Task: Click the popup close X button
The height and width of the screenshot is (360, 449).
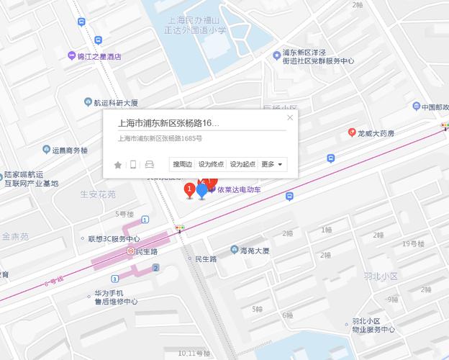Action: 290,117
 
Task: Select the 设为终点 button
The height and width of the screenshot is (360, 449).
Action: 212,164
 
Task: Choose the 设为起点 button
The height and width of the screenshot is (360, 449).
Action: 243,164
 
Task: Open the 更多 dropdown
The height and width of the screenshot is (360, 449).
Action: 272,164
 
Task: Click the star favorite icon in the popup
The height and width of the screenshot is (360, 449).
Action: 118,165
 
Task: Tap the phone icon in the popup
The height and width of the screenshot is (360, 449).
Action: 133,165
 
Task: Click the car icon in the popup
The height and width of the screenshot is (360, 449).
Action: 150,165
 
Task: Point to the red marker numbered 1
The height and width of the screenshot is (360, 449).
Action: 189,190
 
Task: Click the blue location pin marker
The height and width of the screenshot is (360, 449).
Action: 202,191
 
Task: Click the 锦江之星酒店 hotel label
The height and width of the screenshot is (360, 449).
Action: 99,56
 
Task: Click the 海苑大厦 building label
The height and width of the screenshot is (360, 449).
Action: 254,251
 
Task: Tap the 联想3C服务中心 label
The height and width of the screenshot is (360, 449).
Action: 113,238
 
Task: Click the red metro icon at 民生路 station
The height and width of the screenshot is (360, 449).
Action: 129,251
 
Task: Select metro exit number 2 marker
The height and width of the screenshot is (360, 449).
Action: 155,269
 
